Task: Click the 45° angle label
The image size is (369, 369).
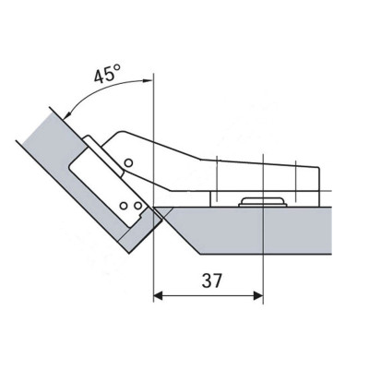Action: point(107,75)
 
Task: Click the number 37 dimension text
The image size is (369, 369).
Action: point(212,280)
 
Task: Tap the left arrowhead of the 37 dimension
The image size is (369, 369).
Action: point(158,296)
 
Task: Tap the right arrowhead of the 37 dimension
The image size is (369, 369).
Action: point(258,296)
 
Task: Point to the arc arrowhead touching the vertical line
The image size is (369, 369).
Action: point(148,80)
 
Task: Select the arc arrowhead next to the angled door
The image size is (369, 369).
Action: point(67,115)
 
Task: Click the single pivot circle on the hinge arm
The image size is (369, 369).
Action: point(128,162)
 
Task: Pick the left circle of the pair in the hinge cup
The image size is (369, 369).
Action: point(124,206)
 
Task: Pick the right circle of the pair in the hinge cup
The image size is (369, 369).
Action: point(138,205)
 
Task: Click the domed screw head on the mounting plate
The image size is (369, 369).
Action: point(263,202)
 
